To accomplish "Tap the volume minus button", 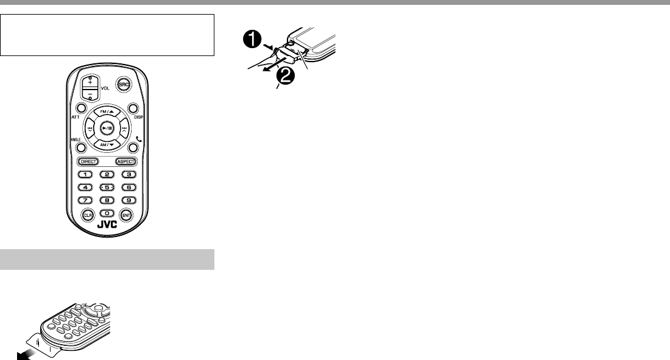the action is click(x=90, y=94).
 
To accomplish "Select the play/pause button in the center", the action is click(x=107, y=129).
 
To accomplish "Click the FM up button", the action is click(x=107, y=111).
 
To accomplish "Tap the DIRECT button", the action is click(x=88, y=162).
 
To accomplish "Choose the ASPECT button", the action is click(x=125, y=162).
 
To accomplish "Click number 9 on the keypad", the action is click(x=128, y=200).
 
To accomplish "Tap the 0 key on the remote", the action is click(x=107, y=214).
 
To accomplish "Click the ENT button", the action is click(x=126, y=215).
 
